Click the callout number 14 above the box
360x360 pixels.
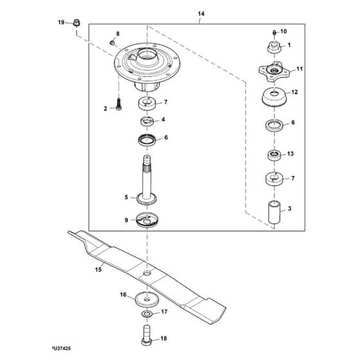(201, 14)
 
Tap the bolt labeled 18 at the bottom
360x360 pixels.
(147, 335)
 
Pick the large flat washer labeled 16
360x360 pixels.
(147, 299)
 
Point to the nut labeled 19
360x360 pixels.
(76, 22)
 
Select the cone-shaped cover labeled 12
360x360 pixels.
(274, 97)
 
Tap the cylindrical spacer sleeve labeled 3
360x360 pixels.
(274, 212)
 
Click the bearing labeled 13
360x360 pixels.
(274, 155)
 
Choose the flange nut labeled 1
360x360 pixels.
(274, 47)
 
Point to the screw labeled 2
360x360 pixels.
(118, 104)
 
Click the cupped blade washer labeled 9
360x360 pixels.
(147, 220)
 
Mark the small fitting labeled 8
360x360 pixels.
(112, 42)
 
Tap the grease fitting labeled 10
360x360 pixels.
(274, 33)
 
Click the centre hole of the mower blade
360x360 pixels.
(147, 273)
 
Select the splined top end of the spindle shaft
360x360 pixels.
(147, 164)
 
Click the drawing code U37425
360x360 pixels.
(62, 348)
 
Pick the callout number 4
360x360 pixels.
(163, 120)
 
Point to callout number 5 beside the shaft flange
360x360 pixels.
(126, 197)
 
